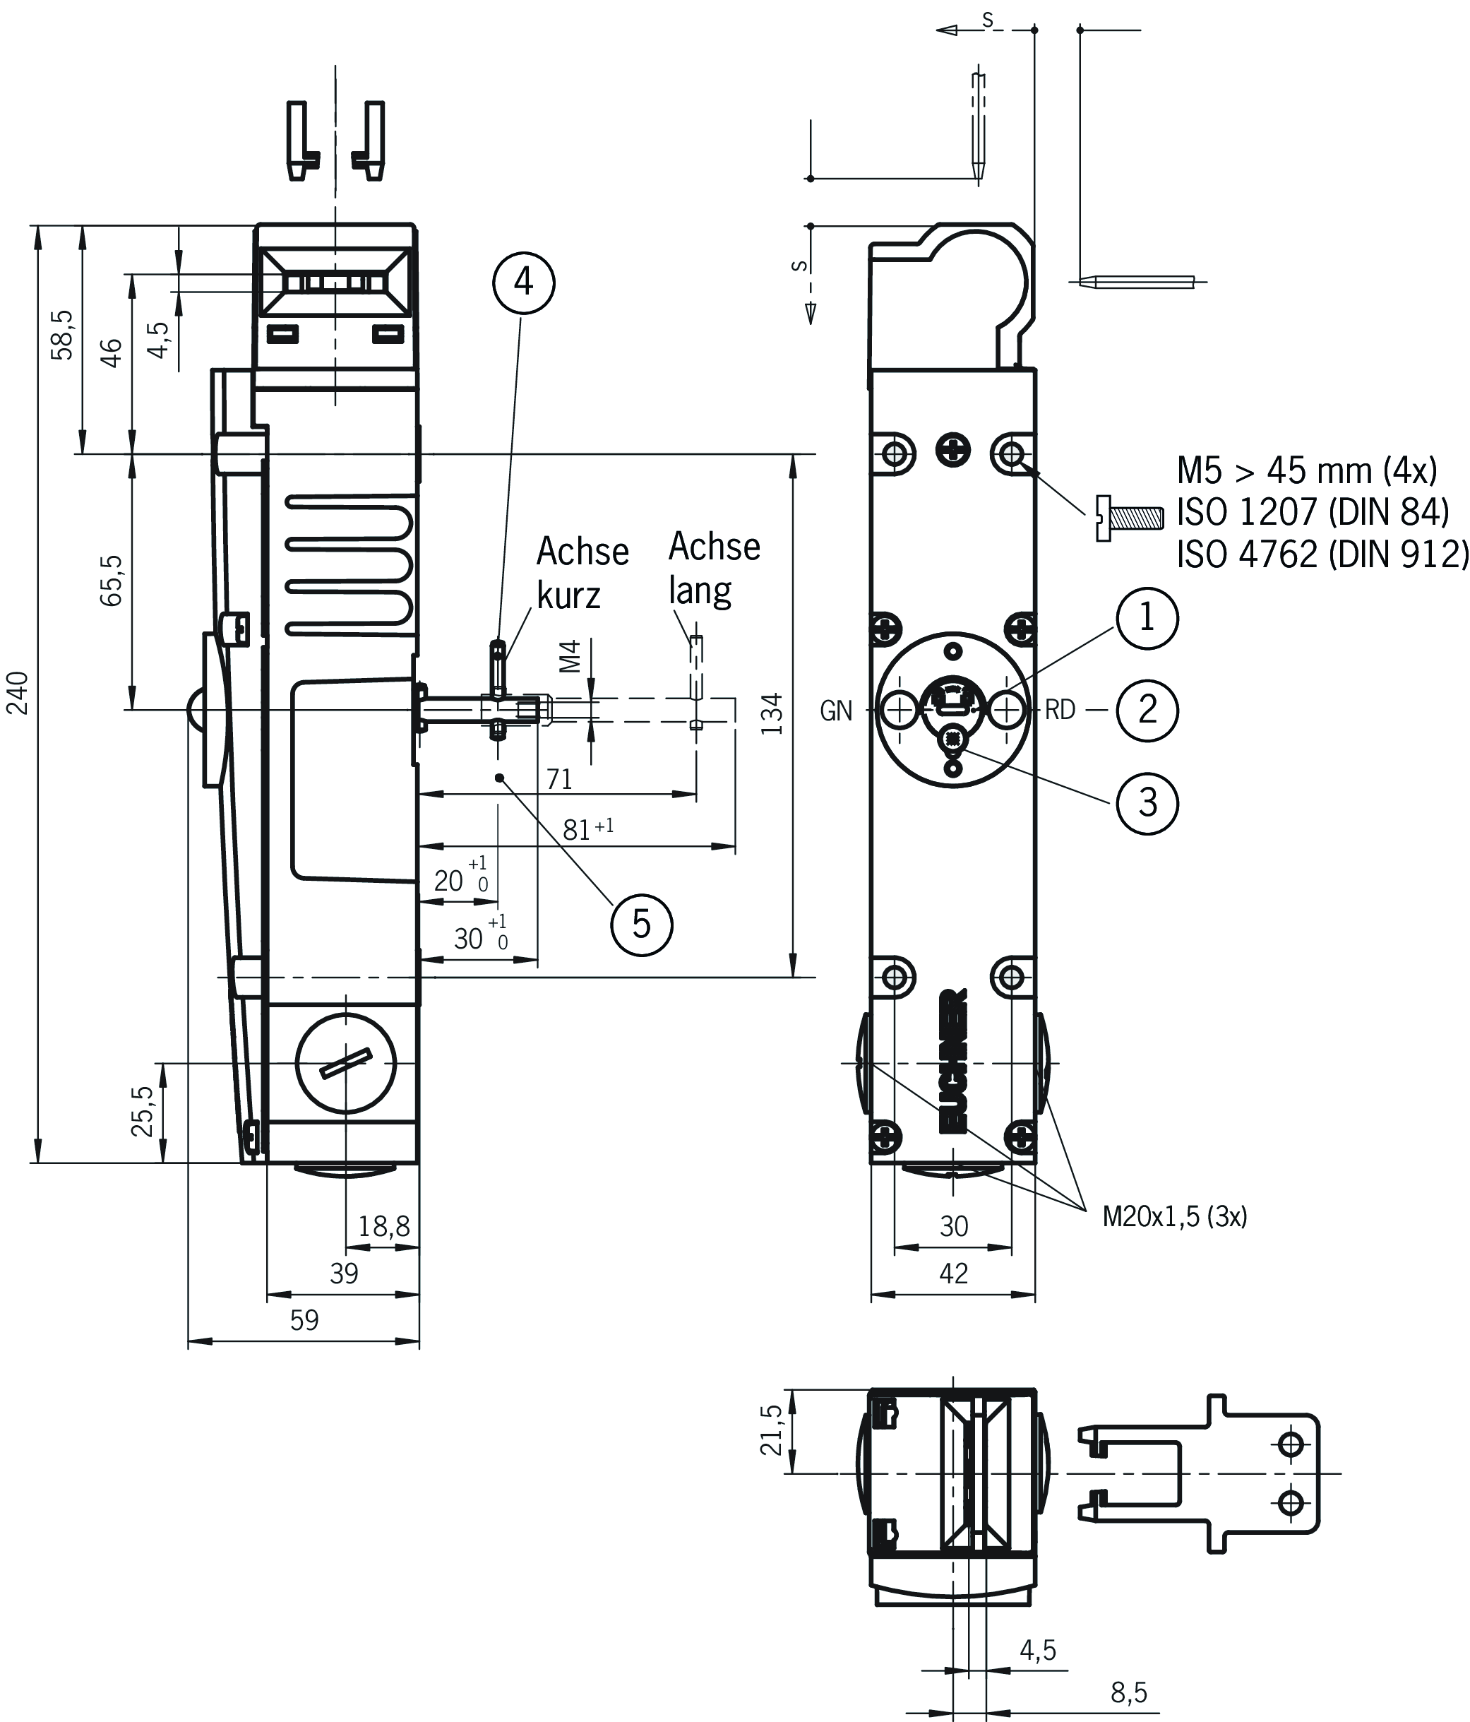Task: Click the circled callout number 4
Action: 523,283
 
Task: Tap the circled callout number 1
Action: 1147,617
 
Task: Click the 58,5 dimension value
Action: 63,335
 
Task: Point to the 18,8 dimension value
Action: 383,1226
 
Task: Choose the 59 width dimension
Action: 304,1320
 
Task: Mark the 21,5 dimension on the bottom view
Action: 771,1430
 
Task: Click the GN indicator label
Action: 836,711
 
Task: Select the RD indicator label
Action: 1060,711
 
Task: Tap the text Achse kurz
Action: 582,573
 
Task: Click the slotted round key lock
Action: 345,1063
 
